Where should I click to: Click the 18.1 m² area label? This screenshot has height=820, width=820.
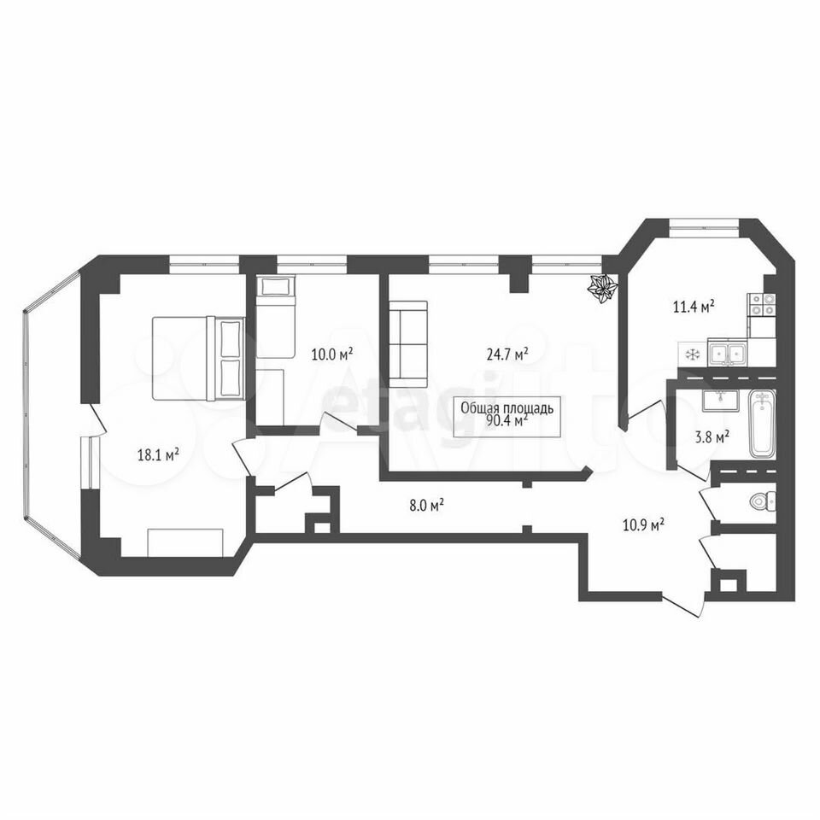(x=158, y=454)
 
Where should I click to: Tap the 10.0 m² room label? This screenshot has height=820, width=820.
(x=332, y=354)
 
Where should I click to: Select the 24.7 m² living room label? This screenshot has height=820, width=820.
(x=507, y=354)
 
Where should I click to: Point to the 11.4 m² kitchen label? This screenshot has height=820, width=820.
(x=694, y=307)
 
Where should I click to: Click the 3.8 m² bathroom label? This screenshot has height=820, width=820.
(x=712, y=436)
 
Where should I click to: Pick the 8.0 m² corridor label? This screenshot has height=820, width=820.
(x=427, y=505)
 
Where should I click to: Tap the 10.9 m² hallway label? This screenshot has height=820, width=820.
(x=643, y=524)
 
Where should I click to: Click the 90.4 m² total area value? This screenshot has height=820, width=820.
(x=507, y=420)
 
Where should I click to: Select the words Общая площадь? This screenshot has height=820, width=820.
(x=507, y=408)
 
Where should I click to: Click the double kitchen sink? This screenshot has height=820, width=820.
(x=728, y=353)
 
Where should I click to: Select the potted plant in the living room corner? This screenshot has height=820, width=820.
(x=603, y=287)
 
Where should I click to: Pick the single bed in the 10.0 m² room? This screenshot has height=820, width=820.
(x=276, y=316)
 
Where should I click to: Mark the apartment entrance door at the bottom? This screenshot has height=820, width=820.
(x=682, y=605)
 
